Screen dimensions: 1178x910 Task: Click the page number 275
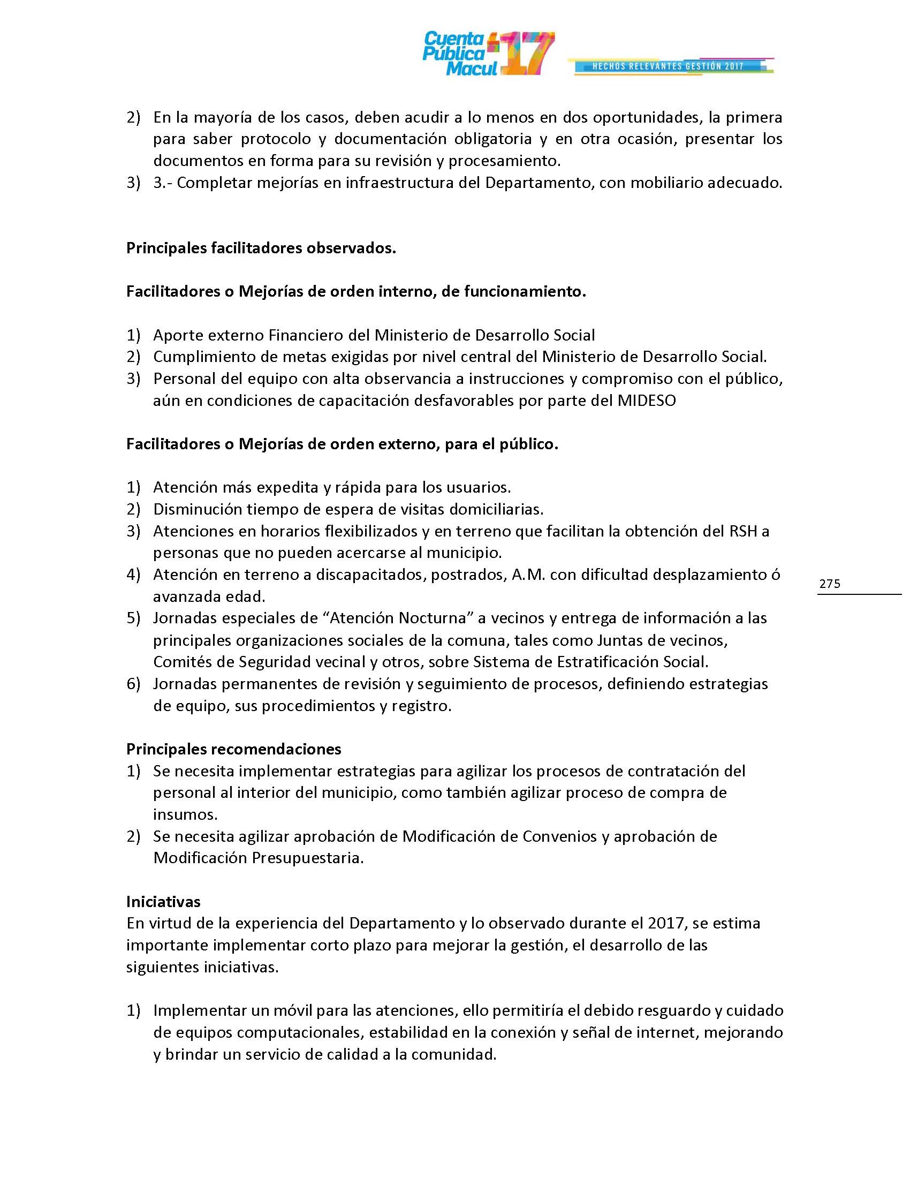[x=830, y=584]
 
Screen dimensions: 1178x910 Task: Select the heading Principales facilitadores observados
[x=261, y=248]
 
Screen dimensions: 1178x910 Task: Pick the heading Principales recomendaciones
[x=233, y=749]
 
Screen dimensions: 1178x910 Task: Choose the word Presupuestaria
[x=308, y=858]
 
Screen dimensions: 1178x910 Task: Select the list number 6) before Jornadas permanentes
[x=133, y=684]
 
